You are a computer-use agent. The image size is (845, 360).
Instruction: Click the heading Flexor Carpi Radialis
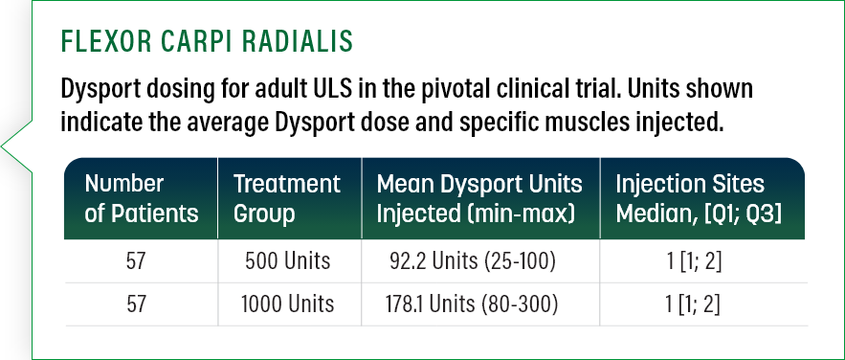tap(207, 41)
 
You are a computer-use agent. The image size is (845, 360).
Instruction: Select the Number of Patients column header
tap(142, 199)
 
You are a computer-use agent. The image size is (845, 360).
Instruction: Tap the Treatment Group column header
tap(287, 199)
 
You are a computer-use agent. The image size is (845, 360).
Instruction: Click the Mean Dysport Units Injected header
tap(479, 199)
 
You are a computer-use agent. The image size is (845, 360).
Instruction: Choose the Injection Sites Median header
tap(699, 199)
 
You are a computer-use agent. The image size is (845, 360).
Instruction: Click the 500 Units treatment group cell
tap(287, 261)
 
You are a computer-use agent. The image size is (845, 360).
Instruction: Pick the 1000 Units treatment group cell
tap(287, 304)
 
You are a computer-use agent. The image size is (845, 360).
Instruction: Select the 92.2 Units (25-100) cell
tap(472, 261)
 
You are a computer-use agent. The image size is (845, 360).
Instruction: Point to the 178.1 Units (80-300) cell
tap(472, 304)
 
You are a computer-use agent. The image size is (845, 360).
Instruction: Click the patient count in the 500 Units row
tap(136, 261)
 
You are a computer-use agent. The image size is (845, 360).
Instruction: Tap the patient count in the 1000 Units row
tap(136, 304)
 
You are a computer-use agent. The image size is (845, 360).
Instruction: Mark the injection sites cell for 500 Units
tap(694, 261)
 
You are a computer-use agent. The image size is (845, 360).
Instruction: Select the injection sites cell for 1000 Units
tap(694, 304)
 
